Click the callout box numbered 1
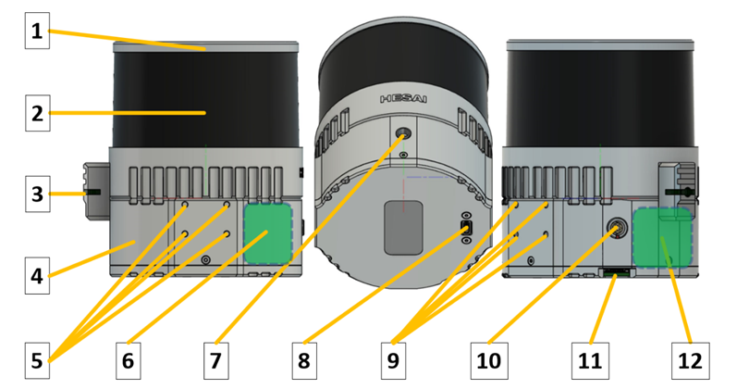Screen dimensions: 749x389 (x=37, y=31)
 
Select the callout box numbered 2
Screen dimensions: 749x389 (x=37, y=113)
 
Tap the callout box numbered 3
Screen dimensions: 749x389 (x=37, y=194)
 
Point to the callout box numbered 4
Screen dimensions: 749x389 (x=37, y=276)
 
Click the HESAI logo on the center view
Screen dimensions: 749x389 (x=404, y=99)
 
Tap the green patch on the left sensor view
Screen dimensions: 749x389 (x=268, y=233)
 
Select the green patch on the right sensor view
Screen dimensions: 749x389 (x=662, y=237)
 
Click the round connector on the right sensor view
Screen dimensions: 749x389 (x=616, y=228)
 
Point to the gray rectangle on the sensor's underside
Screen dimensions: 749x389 (x=404, y=228)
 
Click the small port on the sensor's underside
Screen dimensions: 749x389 (x=467, y=228)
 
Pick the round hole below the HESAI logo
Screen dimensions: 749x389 (x=404, y=133)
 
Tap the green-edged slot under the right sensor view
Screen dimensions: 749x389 (x=617, y=273)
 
